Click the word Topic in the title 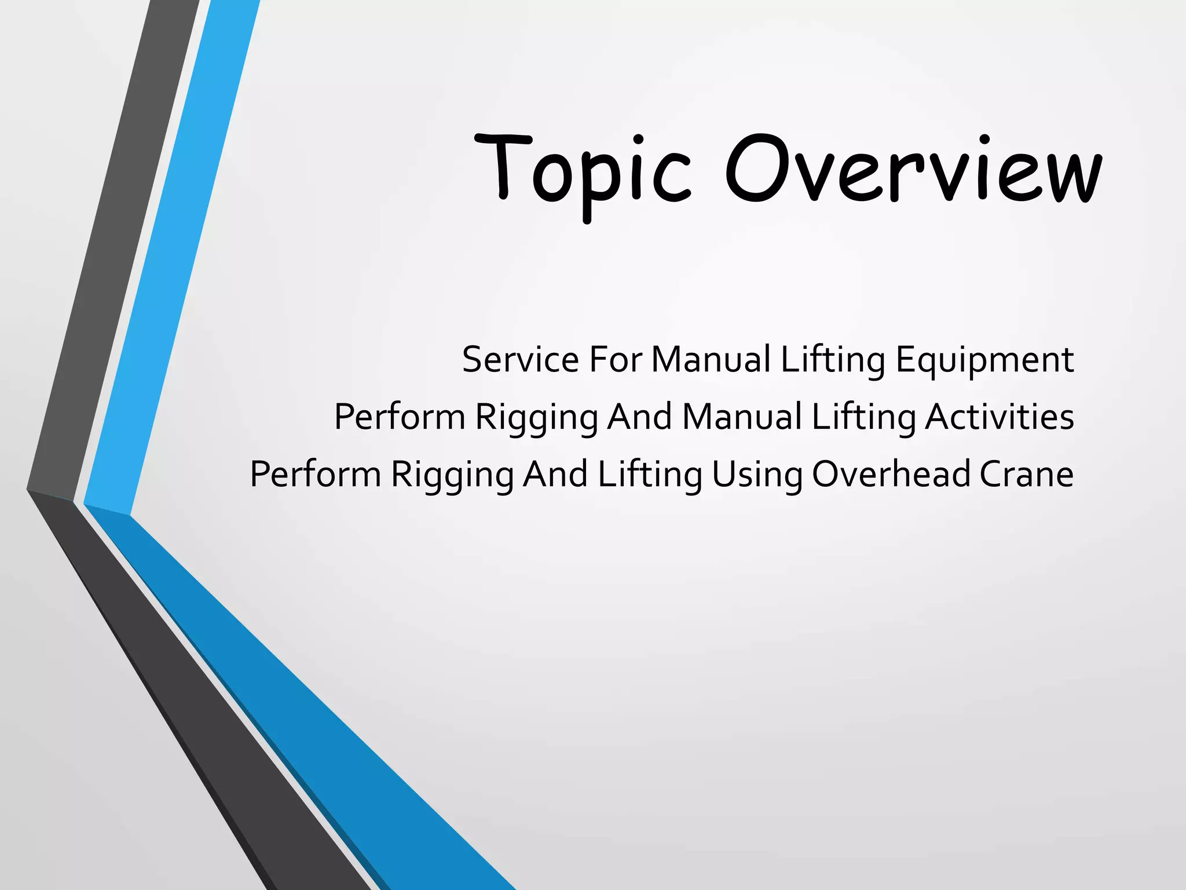click(x=582, y=170)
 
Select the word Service click(x=520, y=359)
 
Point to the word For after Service click(x=616, y=359)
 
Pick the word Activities click(x=999, y=417)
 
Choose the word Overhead click(x=891, y=473)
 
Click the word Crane click(x=1026, y=474)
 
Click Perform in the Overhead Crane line click(x=316, y=473)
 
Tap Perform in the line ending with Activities click(x=400, y=417)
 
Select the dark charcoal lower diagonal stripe click(x=191, y=695)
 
